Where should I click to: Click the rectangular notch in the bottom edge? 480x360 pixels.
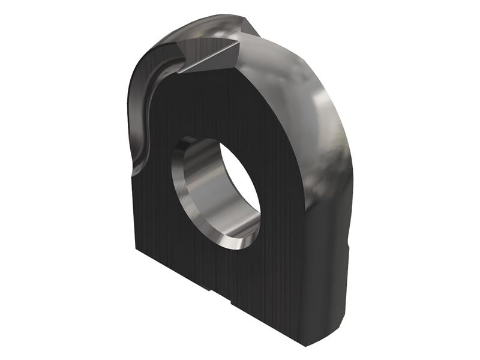pyautogui.click(x=219, y=294)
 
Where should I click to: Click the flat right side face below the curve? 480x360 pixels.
pyautogui.click(x=330, y=270)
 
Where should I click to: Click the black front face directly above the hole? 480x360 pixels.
pyautogui.click(x=216, y=108)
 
